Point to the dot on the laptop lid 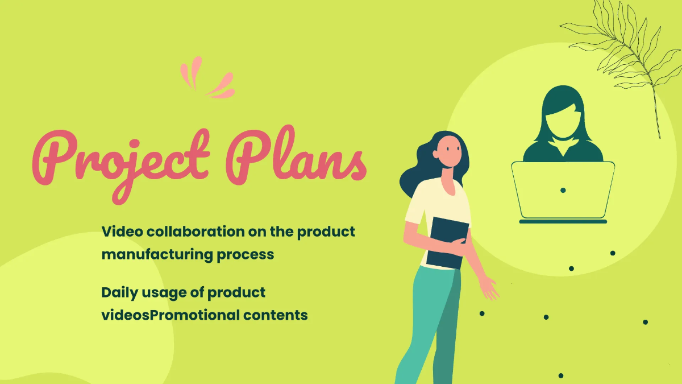click(563, 189)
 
